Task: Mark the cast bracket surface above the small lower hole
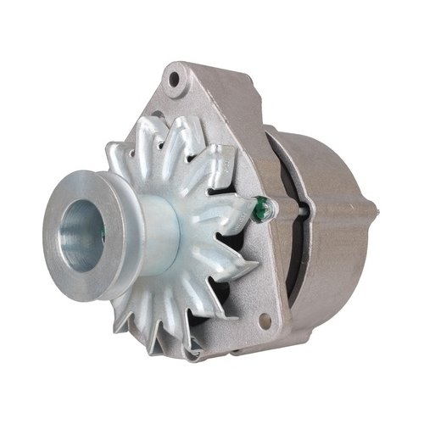pos(254,288)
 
